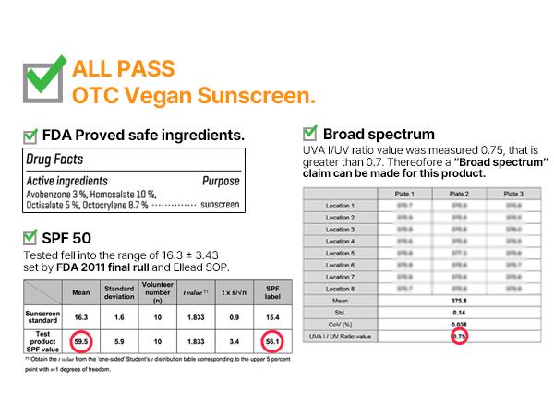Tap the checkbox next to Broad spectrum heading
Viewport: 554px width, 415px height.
(x=310, y=133)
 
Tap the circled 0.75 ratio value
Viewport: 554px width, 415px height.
(x=459, y=338)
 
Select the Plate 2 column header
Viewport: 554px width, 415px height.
(x=459, y=195)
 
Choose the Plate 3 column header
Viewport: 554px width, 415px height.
(x=512, y=195)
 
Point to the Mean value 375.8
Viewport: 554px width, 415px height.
(x=459, y=301)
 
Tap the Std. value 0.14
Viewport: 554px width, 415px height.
(x=459, y=313)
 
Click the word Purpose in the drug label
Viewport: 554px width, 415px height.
(x=221, y=182)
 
